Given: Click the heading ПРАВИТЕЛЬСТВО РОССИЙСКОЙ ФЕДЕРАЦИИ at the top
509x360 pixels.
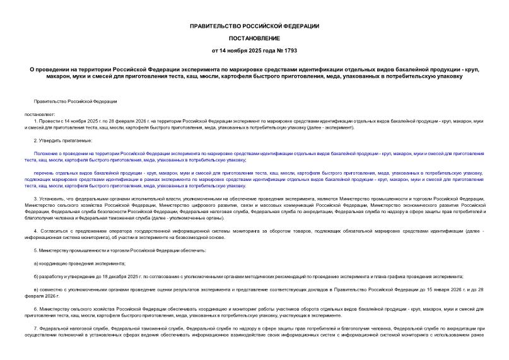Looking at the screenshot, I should point(254,26).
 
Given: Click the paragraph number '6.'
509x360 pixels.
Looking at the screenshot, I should point(35,308).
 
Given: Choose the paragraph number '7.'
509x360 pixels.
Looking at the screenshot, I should point(35,328).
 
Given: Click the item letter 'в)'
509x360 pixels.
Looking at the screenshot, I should point(36,289).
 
